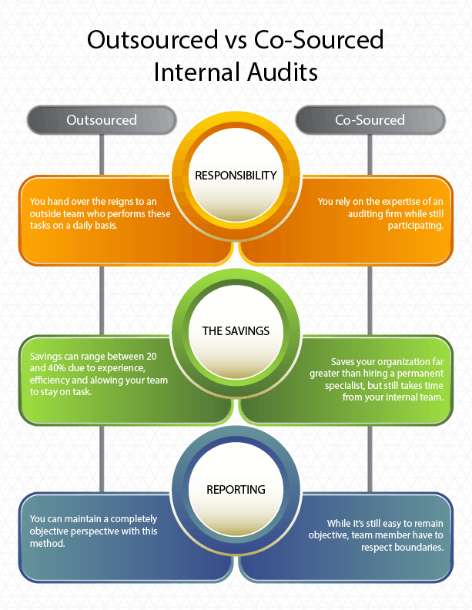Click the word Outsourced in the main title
coord(152,40)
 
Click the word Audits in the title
coord(283,72)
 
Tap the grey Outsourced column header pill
coord(102,120)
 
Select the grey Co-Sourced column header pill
coord(370,120)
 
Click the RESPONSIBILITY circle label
coord(236,176)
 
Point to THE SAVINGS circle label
coord(236,331)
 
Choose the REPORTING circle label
coord(236,489)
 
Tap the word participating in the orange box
coord(416,226)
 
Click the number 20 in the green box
coord(151,357)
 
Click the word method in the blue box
coord(47,544)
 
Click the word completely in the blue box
coord(134,519)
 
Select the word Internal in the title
coord(197,72)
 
